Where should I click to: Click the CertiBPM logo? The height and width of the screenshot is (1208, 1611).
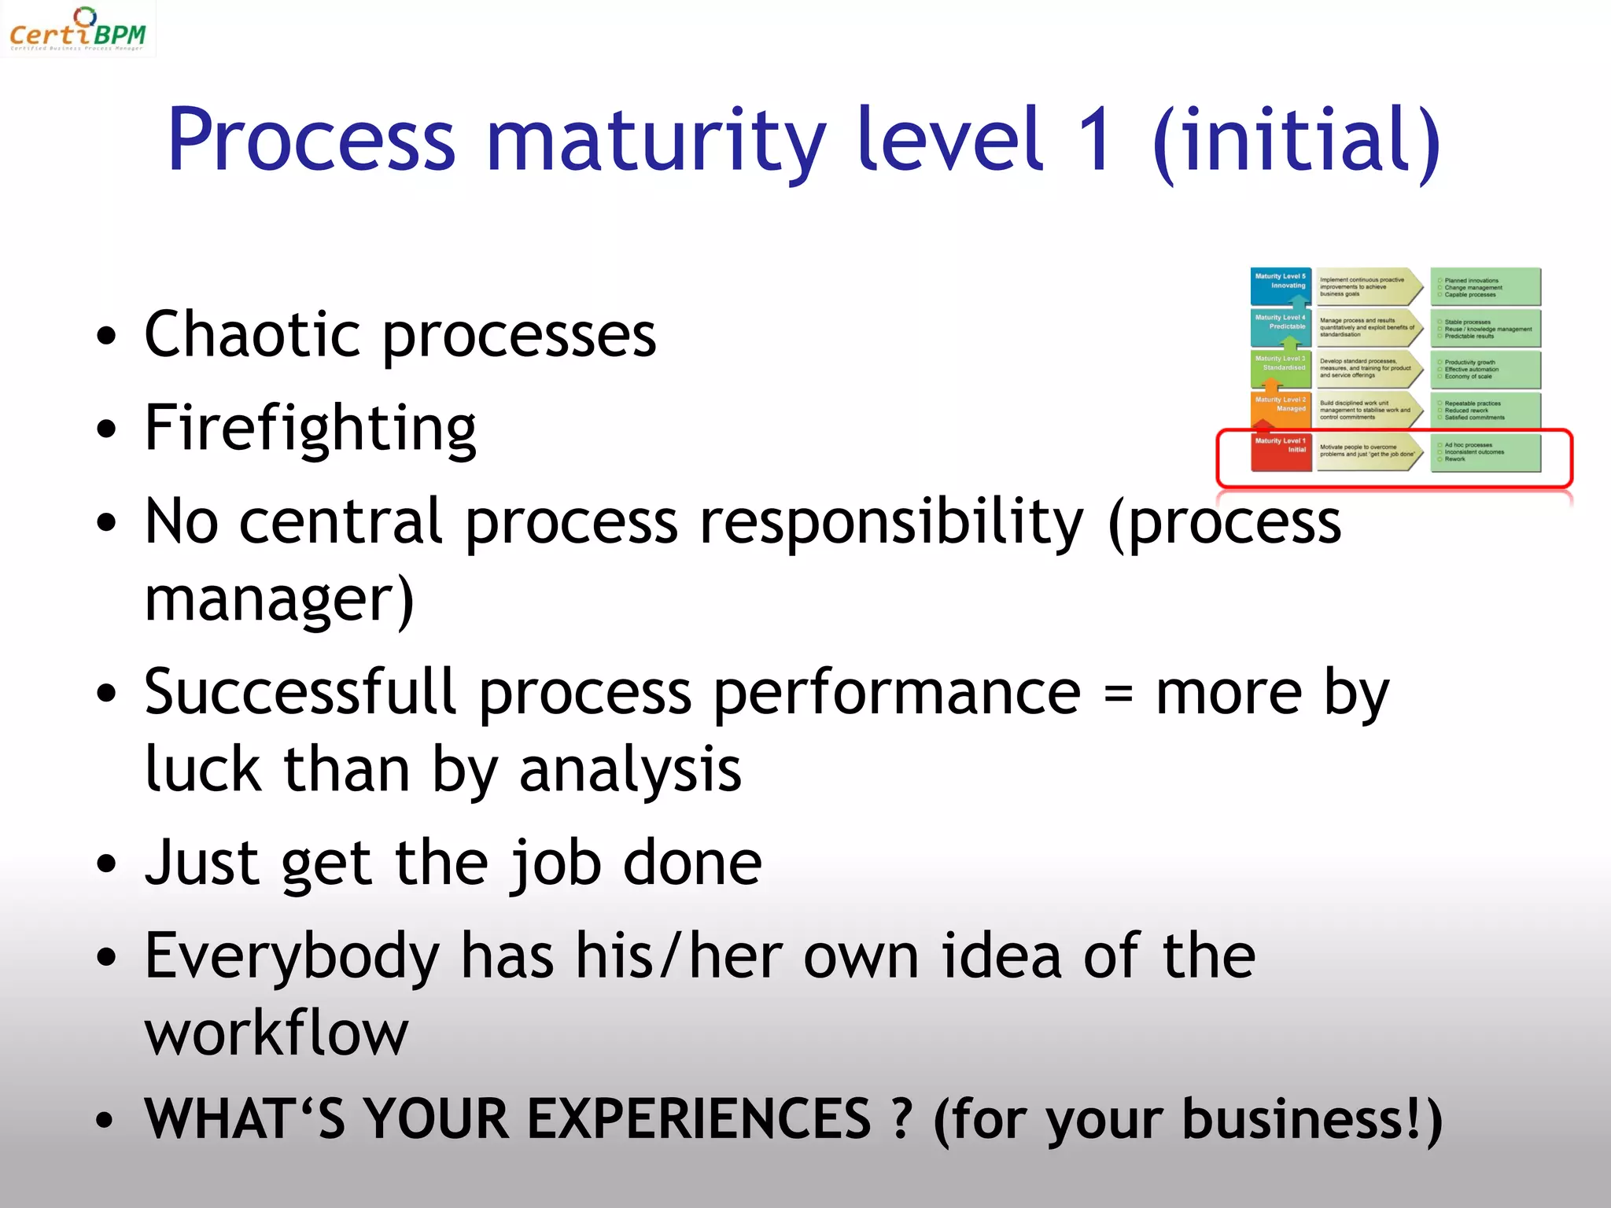[77, 30]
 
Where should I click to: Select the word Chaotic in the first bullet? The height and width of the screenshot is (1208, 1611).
[252, 334]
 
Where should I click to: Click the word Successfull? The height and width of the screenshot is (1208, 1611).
[300, 692]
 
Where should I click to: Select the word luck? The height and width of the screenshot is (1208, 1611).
[203, 769]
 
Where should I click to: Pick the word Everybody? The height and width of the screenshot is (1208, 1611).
[292, 956]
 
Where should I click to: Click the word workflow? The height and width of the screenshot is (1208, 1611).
[276, 1033]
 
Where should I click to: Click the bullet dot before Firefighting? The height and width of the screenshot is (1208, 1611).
[105, 429]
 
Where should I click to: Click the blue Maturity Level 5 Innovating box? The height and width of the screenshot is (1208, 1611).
[1281, 285]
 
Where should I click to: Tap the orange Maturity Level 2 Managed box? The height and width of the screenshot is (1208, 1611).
[1281, 408]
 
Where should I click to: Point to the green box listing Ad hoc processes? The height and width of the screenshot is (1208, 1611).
[1485, 452]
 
